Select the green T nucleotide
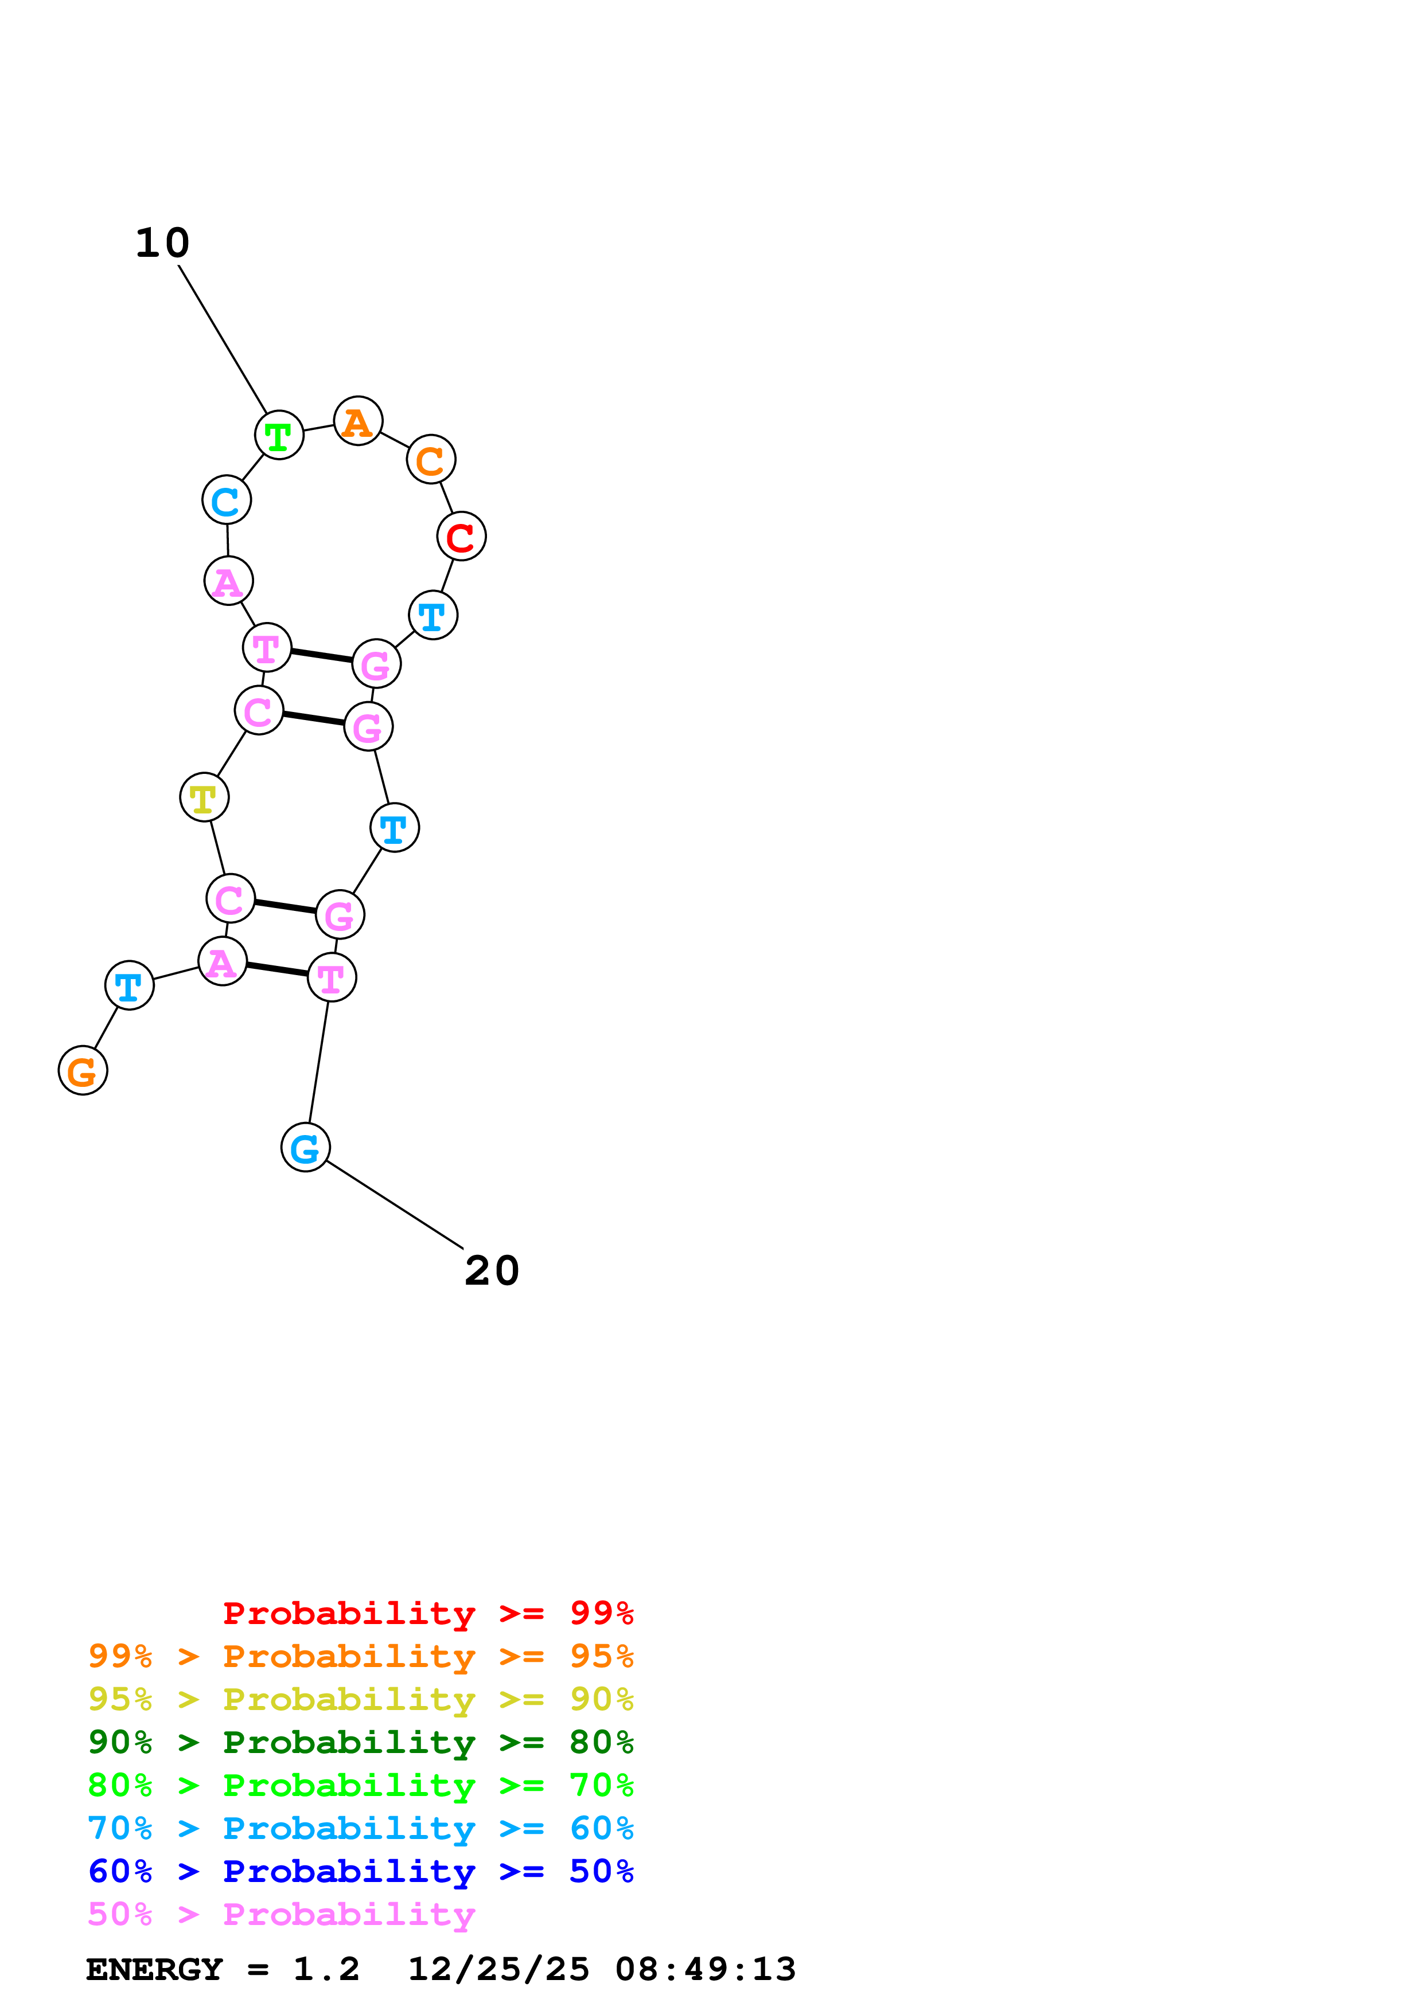tap(279, 435)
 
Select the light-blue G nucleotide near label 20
tap(305, 1148)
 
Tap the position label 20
tap(492, 1271)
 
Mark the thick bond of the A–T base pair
tap(277, 969)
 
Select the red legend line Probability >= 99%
tap(427, 1613)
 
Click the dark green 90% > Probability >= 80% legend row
tap(360, 1742)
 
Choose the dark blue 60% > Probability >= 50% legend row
tap(360, 1871)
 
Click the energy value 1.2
tap(326, 1969)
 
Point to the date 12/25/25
tap(498, 1969)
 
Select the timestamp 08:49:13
tap(706, 1969)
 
